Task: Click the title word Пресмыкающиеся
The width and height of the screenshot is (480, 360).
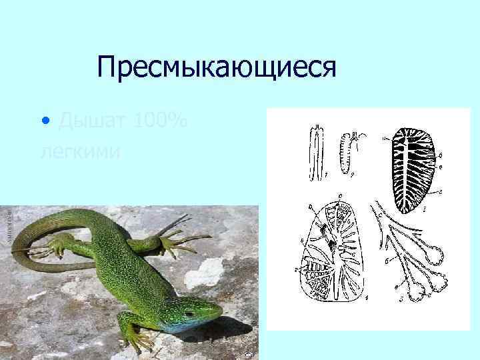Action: [214, 67]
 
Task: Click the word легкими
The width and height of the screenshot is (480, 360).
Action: [80, 152]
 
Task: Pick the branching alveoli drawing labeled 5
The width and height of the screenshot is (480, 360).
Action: [407, 253]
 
